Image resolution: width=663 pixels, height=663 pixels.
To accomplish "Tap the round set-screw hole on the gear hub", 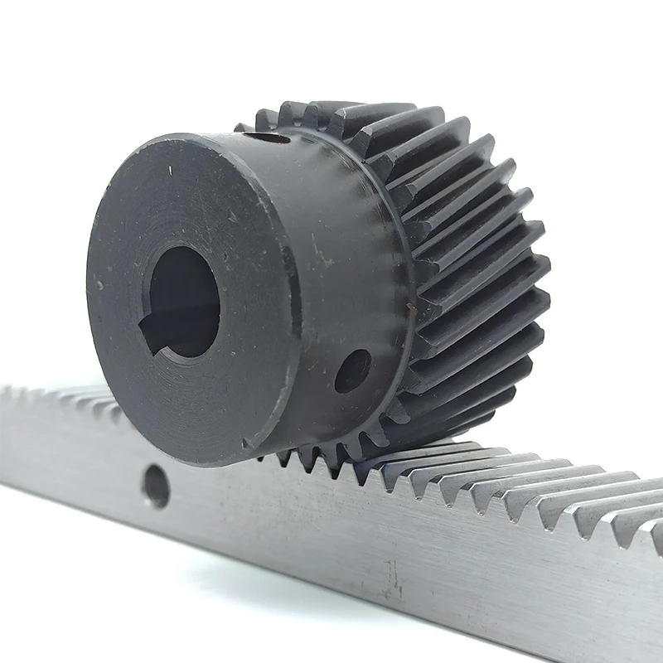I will click(352, 370).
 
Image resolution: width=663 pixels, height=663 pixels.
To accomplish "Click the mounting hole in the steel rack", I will click(156, 486).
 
